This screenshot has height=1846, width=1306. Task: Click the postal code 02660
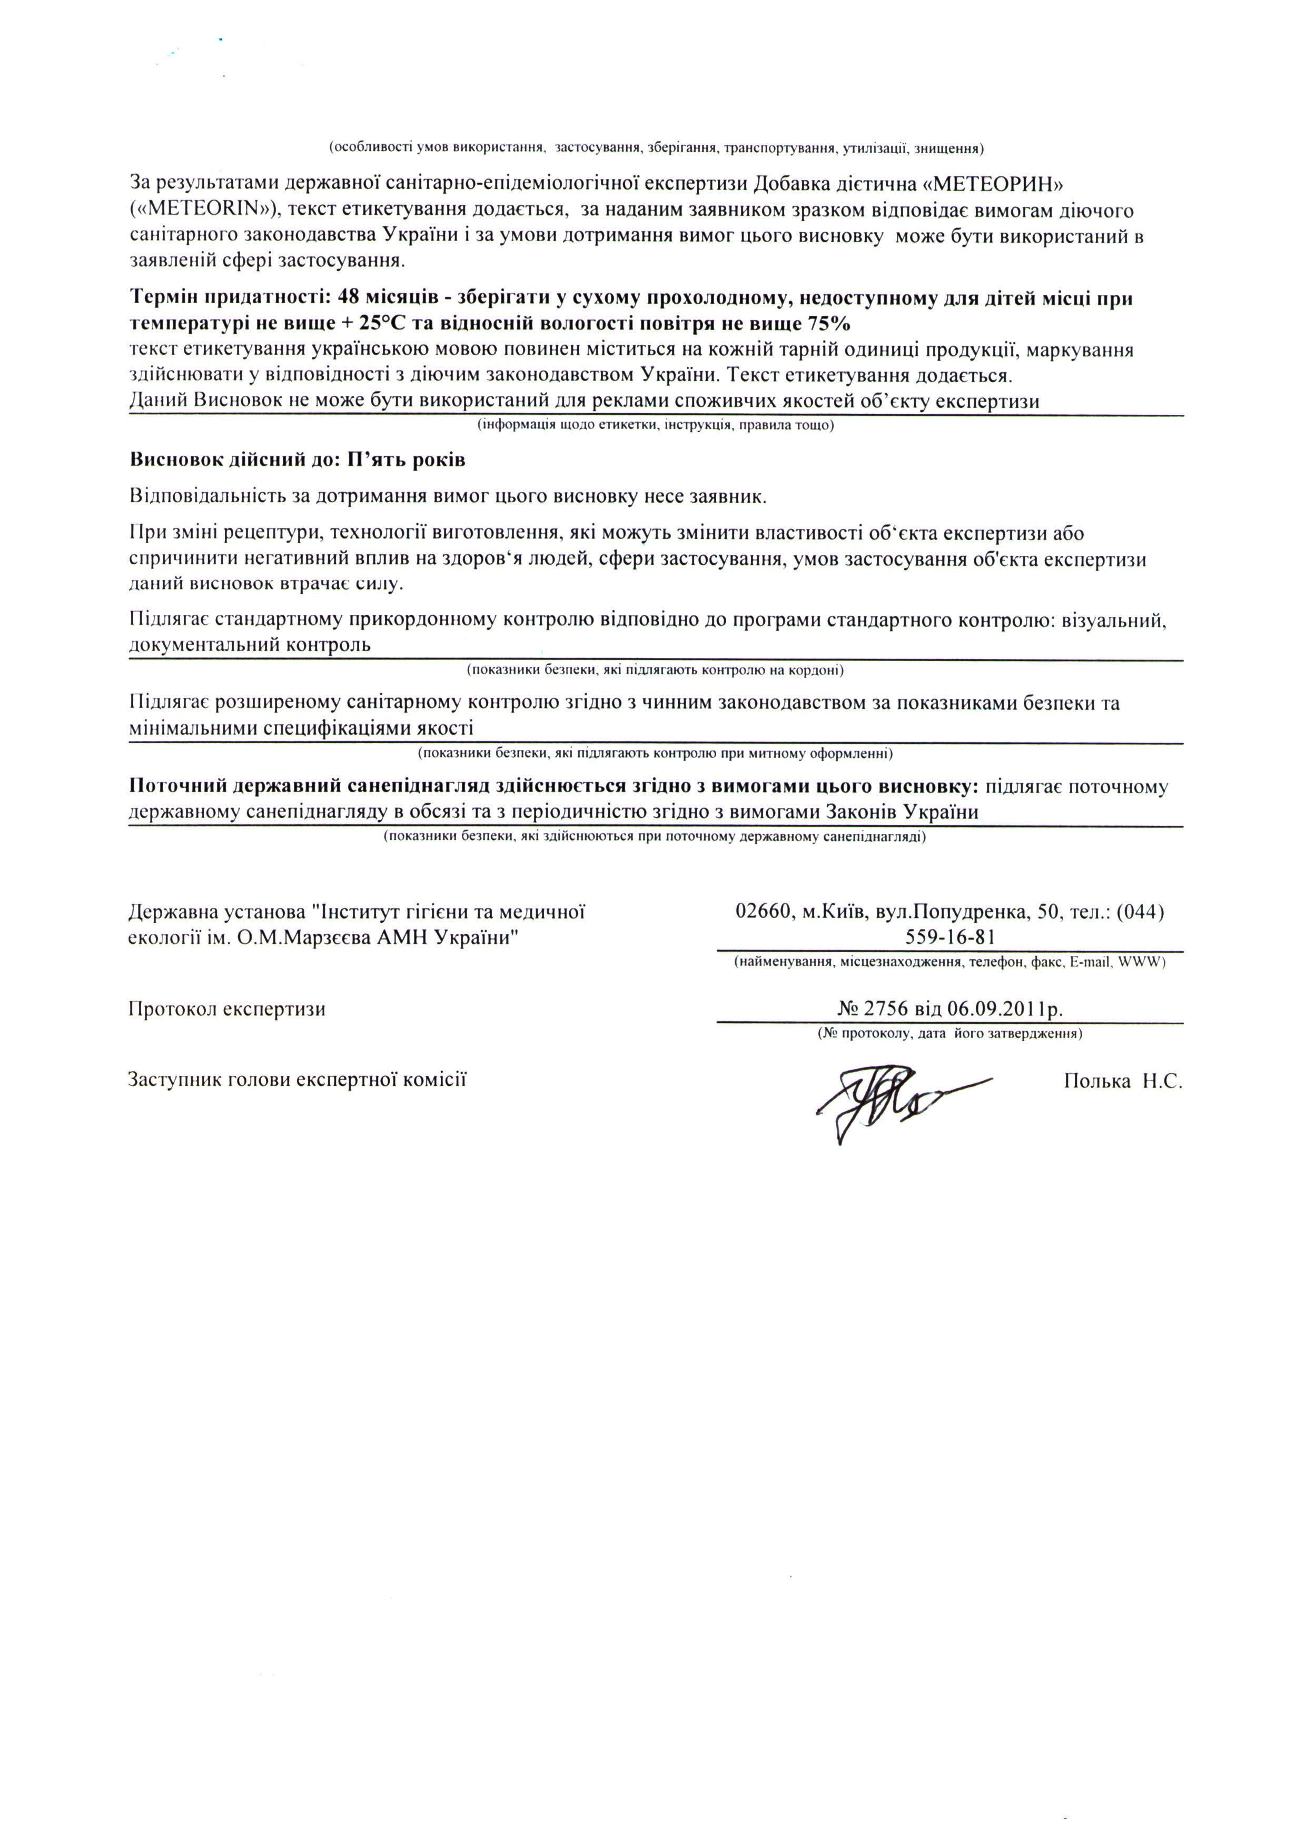(x=764, y=912)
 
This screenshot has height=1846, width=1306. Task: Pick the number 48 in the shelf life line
(x=350, y=298)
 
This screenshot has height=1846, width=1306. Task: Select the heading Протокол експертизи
(x=227, y=1009)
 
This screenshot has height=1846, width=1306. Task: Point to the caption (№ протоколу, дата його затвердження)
(x=949, y=1034)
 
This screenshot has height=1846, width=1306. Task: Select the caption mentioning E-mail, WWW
(x=949, y=962)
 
